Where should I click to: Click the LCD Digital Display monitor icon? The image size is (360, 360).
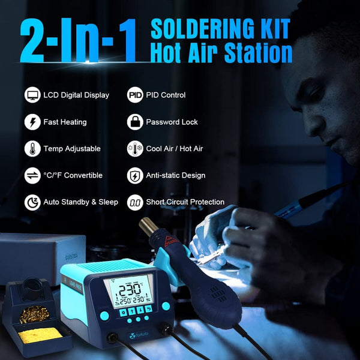point(32,95)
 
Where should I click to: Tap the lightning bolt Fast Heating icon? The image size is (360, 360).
point(32,122)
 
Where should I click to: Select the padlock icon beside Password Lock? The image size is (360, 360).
point(135,122)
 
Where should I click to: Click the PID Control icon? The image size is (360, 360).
point(135,95)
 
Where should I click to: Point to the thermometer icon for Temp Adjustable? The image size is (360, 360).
point(32,149)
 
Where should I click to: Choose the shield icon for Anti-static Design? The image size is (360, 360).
point(135,176)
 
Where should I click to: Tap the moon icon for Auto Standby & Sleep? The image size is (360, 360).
point(32,202)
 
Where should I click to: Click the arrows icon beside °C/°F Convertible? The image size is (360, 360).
point(32,176)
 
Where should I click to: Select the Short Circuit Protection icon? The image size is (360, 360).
point(135,202)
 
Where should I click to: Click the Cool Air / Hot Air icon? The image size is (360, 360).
point(135,149)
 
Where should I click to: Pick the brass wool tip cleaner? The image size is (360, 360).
point(36,313)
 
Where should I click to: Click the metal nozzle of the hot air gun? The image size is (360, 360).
point(147,229)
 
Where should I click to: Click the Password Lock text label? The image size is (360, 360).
point(172,122)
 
